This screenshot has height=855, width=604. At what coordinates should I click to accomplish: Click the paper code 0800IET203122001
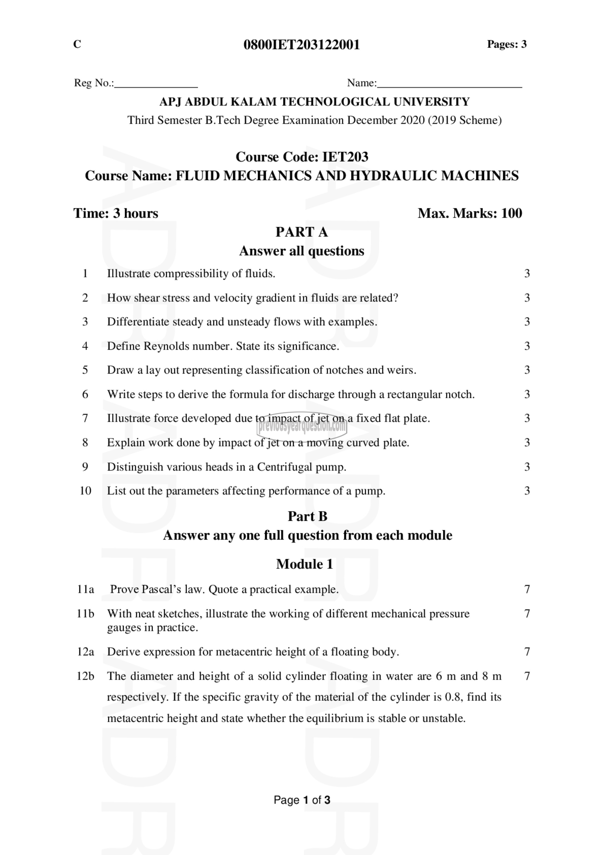click(x=301, y=45)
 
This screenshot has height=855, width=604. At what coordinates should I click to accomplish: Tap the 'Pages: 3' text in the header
click(x=506, y=44)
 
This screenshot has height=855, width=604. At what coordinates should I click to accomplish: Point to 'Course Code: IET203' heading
click(x=302, y=157)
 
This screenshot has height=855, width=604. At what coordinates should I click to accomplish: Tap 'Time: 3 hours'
click(x=116, y=213)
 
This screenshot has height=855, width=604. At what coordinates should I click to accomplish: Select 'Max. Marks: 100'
click(x=470, y=213)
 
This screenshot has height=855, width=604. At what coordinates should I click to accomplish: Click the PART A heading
click(x=301, y=232)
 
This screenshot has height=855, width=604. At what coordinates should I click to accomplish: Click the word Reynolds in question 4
click(x=167, y=346)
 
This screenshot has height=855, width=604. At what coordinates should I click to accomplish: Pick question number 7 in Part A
click(x=85, y=418)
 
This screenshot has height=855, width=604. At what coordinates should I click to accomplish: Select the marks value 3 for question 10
click(x=527, y=491)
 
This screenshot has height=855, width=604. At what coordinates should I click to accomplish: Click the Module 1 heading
click(x=304, y=564)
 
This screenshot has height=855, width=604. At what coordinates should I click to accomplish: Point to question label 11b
click(x=85, y=613)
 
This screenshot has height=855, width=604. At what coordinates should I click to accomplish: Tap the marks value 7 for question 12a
click(x=527, y=652)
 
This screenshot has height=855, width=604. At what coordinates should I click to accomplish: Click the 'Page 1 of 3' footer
click(x=302, y=800)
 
